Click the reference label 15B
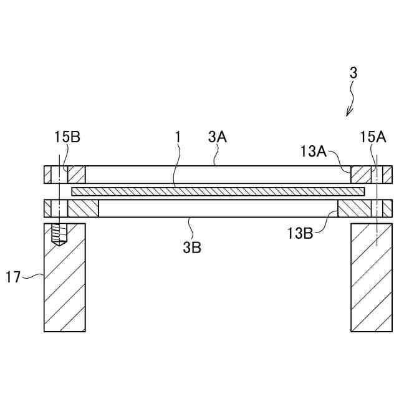pyautogui.click(x=67, y=137)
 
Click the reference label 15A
pyautogui.click(x=373, y=137)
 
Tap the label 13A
pyautogui.click(x=313, y=151)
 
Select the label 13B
pyautogui.click(x=300, y=234)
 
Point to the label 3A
pyautogui.click(x=217, y=137)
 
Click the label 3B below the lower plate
pyautogui.click(x=192, y=248)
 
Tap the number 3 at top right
pyautogui.click(x=353, y=73)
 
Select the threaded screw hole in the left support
pyautogui.click(x=59, y=234)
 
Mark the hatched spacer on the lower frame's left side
pyautogui.click(x=83, y=208)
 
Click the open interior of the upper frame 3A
pyautogui.click(x=218, y=175)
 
